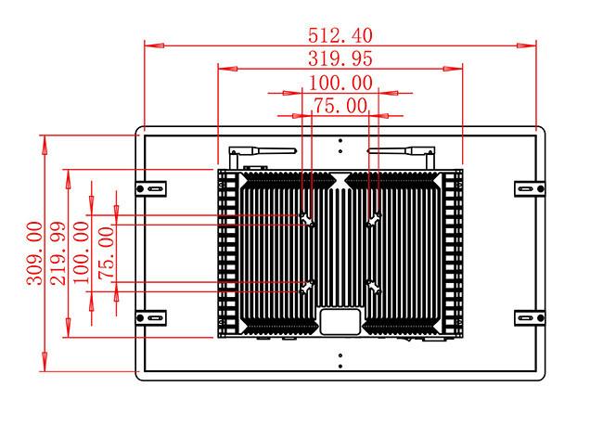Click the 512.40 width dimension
pyautogui.click(x=340, y=36)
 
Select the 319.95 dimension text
pyautogui.click(x=340, y=58)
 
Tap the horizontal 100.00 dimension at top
pyautogui.click(x=340, y=83)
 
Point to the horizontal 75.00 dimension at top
pyautogui.click(x=340, y=106)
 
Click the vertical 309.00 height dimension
pyautogui.click(x=34, y=252)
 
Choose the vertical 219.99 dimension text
pyautogui.click(x=58, y=252)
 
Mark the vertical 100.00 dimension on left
pyautogui.click(x=81, y=252)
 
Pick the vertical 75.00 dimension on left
pyautogui.click(x=107, y=252)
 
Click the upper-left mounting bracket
pyautogui.click(x=150, y=188)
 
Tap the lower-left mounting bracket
pyautogui.click(x=150, y=318)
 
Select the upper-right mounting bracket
pyautogui.click(x=530, y=188)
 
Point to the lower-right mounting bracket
pyautogui.click(x=530, y=318)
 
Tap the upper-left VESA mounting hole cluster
pyautogui.click(x=308, y=220)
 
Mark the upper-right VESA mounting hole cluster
pyautogui.click(x=374, y=220)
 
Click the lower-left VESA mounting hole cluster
pyautogui.click(x=308, y=287)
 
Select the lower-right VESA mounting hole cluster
pyautogui.click(x=374, y=287)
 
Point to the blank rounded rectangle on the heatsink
pyautogui.click(x=340, y=321)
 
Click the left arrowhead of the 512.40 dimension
pyautogui.click(x=154, y=45)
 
